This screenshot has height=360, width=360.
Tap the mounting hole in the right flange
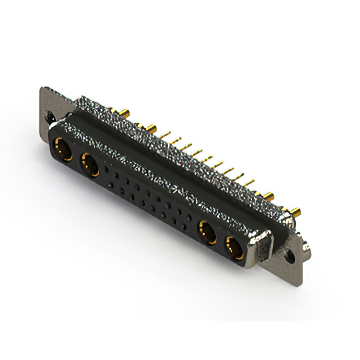290,256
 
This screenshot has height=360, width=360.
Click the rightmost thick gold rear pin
295,213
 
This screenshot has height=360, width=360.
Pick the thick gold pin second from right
269,197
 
